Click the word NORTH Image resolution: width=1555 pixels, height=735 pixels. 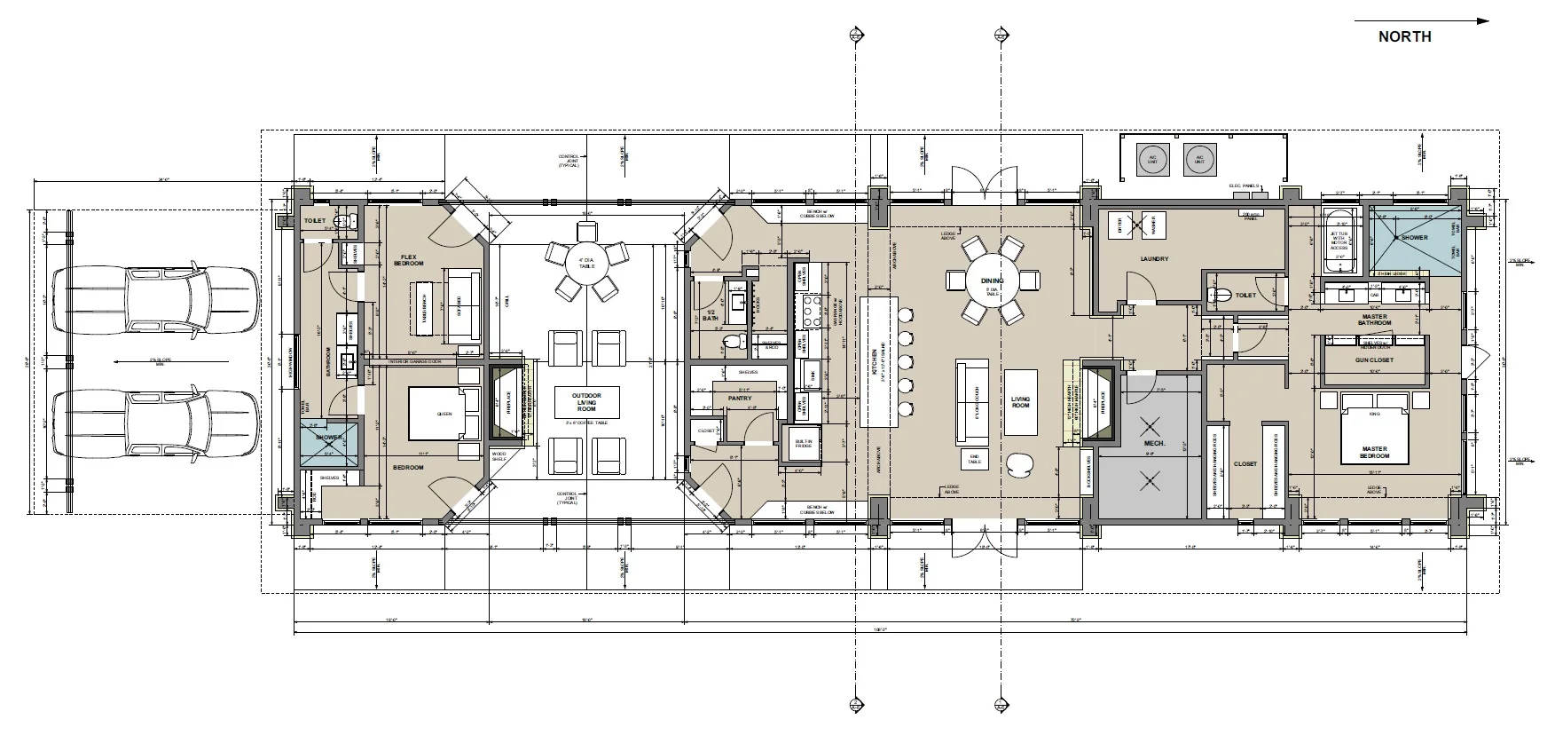[1404, 36]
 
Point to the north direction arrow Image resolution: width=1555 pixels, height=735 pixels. [1419, 20]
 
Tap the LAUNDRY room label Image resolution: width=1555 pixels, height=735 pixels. [1155, 259]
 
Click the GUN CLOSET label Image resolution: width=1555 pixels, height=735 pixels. [1374, 360]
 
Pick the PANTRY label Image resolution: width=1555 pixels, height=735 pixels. [740, 399]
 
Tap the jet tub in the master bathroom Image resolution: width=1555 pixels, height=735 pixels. [1338, 240]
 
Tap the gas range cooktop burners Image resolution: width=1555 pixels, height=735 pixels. [809, 311]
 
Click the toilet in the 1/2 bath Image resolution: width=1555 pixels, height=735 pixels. [733, 342]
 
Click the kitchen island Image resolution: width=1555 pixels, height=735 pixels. [875, 360]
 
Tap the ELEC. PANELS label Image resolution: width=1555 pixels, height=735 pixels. [1244, 186]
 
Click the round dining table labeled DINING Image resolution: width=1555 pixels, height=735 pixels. [992, 281]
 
